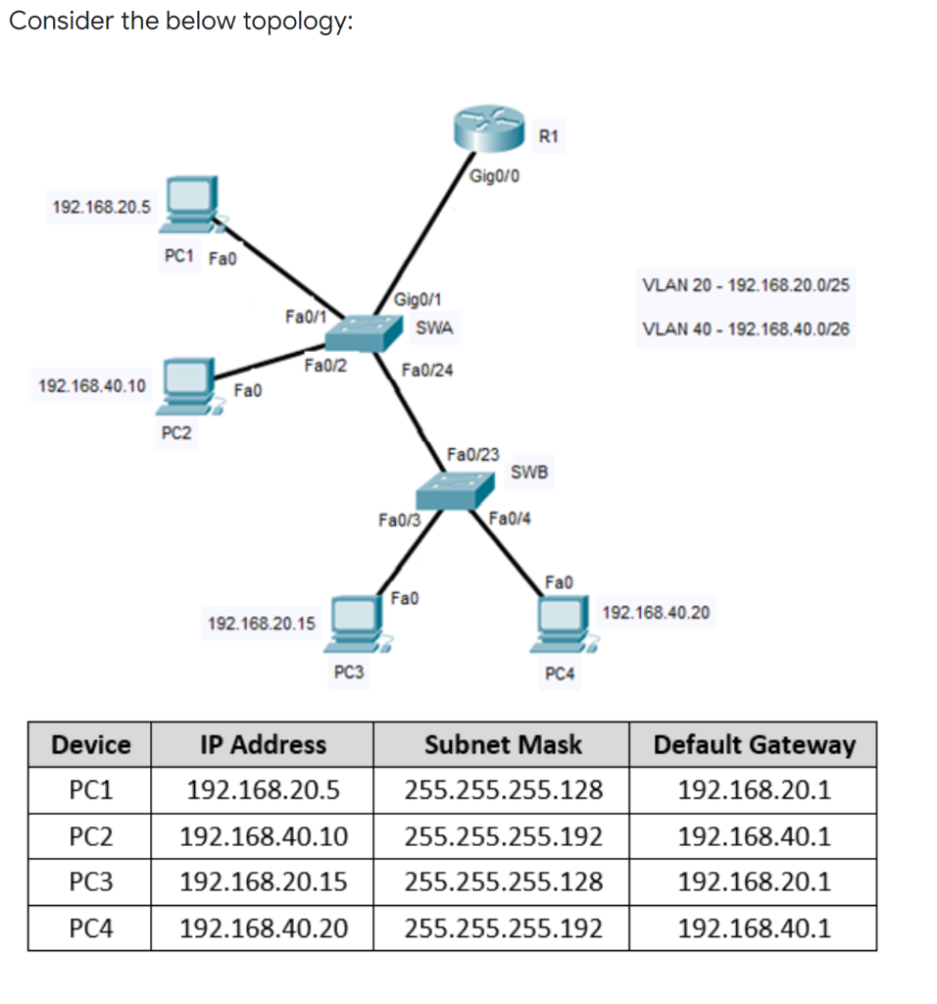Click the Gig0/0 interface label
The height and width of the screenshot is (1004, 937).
(x=495, y=177)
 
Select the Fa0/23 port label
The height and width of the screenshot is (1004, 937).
(x=472, y=454)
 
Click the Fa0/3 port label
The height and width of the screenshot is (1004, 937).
(x=399, y=521)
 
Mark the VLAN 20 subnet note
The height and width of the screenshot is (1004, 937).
(x=745, y=285)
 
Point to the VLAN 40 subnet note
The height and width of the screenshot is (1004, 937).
(x=745, y=329)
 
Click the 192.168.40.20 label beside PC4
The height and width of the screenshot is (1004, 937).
(x=656, y=613)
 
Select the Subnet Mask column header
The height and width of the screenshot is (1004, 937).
(x=502, y=744)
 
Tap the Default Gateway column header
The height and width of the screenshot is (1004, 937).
(x=753, y=744)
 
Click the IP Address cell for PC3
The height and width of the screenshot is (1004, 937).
(x=263, y=881)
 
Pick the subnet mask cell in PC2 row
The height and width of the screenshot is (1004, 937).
(x=502, y=836)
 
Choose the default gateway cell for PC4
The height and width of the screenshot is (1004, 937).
(x=753, y=928)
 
